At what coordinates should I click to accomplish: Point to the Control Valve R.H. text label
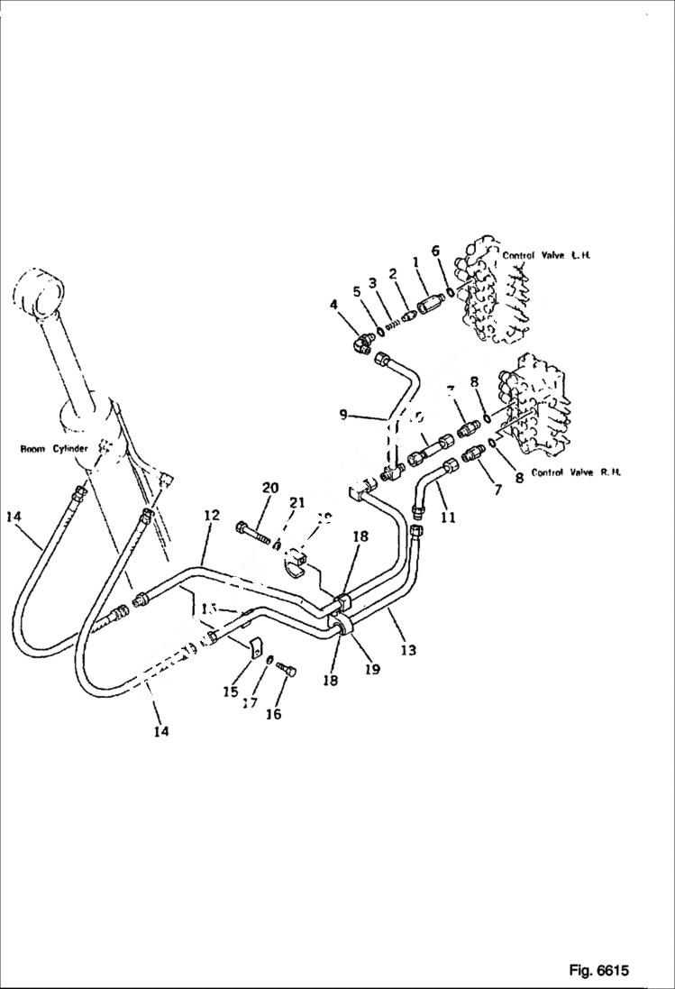(576, 472)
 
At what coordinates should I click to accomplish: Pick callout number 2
(393, 273)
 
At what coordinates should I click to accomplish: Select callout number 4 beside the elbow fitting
(333, 306)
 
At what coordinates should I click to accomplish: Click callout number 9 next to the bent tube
(342, 415)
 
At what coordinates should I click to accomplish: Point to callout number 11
(447, 517)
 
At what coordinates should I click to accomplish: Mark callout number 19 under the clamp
(372, 669)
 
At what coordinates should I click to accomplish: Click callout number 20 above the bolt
(269, 488)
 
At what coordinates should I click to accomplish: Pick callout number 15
(230, 692)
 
